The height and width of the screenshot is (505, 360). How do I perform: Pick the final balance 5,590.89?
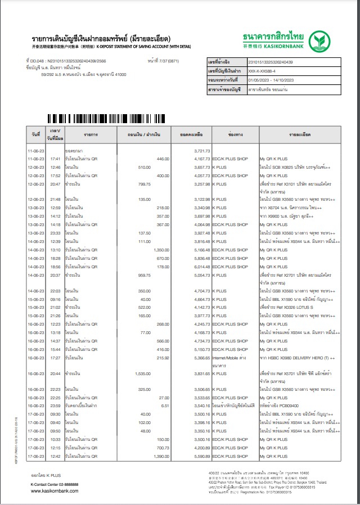(x=201, y=457)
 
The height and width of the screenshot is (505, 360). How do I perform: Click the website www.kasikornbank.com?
(x=55, y=491)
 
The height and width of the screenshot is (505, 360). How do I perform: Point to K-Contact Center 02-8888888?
(x=55, y=484)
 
